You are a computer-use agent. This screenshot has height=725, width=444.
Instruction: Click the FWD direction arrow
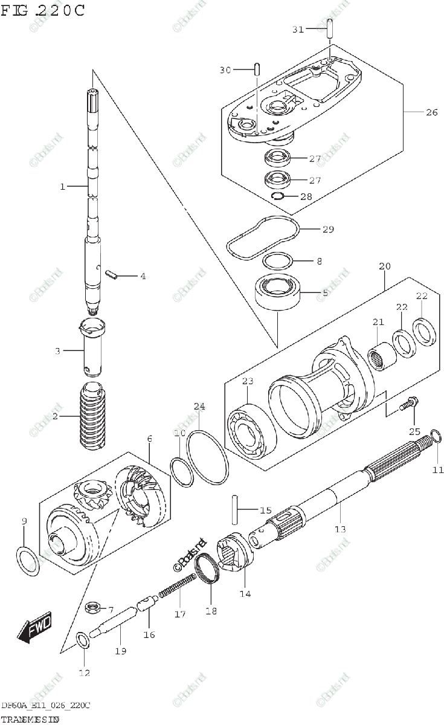click(x=35, y=627)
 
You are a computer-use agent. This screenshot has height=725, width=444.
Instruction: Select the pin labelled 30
click(x=256, y=69)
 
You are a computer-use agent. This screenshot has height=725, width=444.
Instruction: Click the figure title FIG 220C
click(x=42, y=10)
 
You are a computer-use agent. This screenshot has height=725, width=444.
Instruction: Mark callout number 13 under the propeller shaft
click(x=340, y=529)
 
